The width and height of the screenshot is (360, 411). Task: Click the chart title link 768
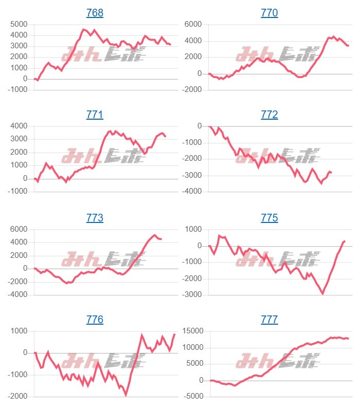point(95,13)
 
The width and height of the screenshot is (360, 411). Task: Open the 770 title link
point(269,13)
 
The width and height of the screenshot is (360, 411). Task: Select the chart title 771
point(95,115)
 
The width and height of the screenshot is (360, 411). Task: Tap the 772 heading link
point(269,115)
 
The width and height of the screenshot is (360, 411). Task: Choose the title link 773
point(95,218)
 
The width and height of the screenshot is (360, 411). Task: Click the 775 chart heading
point(269,218)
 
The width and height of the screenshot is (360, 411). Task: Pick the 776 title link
point(95,320)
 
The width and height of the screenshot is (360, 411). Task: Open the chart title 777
point(269,320)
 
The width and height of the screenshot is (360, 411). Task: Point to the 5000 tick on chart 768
point(19,24)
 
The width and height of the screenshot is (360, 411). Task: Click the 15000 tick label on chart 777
point(191,331)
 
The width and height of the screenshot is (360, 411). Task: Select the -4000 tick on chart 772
point(193,192)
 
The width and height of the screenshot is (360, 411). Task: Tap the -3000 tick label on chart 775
point(193,295)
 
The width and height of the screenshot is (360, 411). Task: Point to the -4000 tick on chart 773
point(17,295)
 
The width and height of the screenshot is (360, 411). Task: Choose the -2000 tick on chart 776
point(17,396)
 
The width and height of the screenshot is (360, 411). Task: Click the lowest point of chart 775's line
point(323,293)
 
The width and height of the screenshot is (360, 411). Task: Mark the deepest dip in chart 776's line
point(126,395)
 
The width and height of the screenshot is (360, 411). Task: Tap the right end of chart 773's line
point(161,239)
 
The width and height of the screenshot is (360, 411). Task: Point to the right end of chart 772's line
point(331,173)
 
